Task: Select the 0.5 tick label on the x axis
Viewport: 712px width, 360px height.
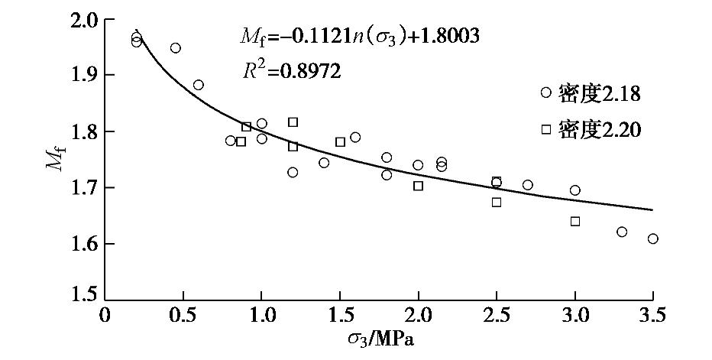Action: point(183,315)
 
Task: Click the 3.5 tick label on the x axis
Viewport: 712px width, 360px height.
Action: point(652,315)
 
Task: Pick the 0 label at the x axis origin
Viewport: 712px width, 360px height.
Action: point(105,315)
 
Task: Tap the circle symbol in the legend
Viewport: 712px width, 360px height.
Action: point(545,92)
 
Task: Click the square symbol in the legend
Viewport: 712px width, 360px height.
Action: point(545,129)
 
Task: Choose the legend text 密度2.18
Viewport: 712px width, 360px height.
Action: point(599,93)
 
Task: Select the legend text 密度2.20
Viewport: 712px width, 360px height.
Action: point(599,130)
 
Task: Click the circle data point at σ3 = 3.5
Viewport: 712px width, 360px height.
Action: point(652,238)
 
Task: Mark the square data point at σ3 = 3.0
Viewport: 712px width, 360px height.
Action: point(574,222)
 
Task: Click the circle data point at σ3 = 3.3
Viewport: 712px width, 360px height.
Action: point(622,232)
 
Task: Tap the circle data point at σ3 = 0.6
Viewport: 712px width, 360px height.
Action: point(199,85)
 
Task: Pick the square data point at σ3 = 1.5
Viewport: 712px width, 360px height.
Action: point(340,142)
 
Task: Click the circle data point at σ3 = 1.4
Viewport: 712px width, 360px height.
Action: point(324,163)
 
